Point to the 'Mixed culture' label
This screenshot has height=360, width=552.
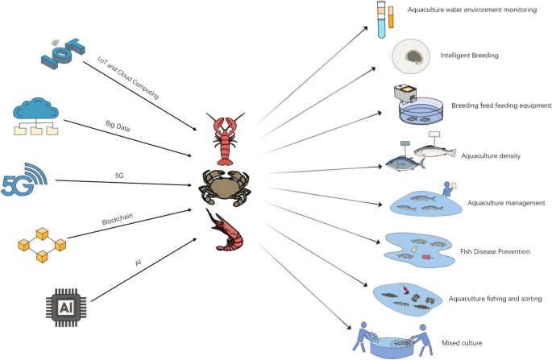462,343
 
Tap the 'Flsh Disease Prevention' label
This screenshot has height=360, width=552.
493,252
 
